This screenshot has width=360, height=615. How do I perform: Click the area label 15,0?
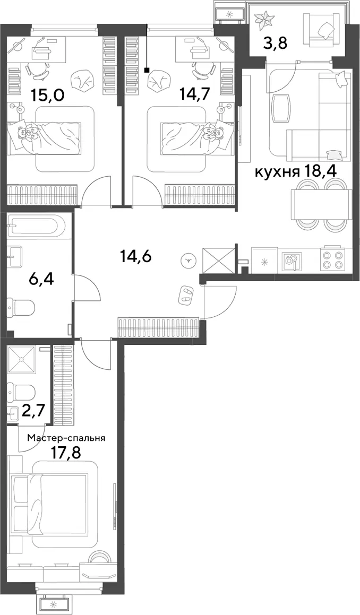(48, 95)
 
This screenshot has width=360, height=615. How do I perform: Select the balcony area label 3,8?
(275, 42)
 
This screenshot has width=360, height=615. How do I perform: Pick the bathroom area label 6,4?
(41, 280)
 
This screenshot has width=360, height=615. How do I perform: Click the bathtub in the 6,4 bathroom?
(38, 226)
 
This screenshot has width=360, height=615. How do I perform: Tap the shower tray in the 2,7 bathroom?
(21, 359)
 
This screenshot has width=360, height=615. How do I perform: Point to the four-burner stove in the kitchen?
(332, 259)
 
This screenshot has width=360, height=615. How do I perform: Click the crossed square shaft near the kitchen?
(218, 259)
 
